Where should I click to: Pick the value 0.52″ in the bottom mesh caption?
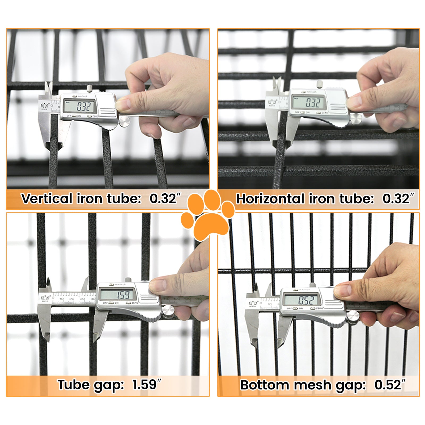tap(390, 385)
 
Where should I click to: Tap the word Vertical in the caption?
tap(47, 198)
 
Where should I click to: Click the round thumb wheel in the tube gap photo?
tap(168, 311)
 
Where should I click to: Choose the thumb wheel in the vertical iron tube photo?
tap(124, 122)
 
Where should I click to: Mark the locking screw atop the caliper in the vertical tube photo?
tap(90, 88)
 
